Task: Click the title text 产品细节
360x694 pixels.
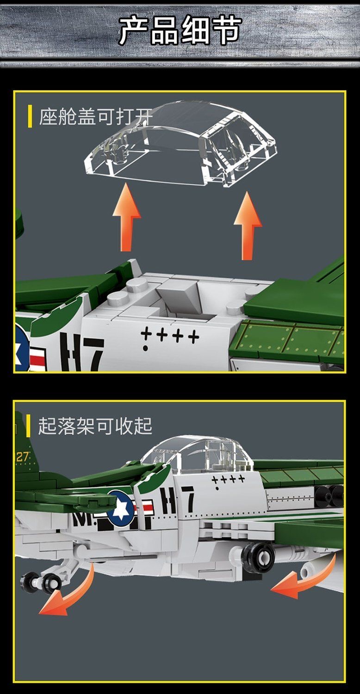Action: pyautogui.click(x=180, y=31)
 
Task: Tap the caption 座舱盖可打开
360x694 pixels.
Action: pyautogui.click(x=95, y=117)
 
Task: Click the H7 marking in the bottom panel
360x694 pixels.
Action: pyautogui.click(x=177, y=500)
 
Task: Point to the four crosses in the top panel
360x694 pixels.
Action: pyautogui.click(x=170, y=334)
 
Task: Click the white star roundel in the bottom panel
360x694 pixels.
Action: pyautogui.click(x=121, y=508)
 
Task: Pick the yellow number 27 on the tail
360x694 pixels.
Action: pyautogui.click(x=23, y=456)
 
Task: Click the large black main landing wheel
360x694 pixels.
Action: pyautogui.click(x=257, y=557)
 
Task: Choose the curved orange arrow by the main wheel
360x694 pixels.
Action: pyautogui.click(x=305, y=579)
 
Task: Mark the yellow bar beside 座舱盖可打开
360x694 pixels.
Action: pyautogui.click(x=30, y=117)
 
